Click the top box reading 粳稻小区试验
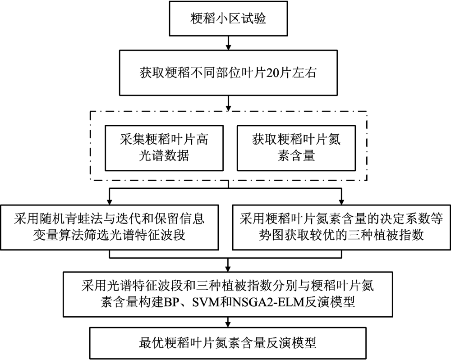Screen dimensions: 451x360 point(228,18)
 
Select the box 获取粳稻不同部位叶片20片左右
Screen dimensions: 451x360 point(228,73)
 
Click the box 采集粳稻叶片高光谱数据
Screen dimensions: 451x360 point(164,148)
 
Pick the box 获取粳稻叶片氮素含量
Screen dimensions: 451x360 point(296,148)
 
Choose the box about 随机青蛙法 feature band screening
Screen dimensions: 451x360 point(109,227)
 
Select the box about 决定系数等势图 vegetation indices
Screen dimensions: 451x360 point(341,227)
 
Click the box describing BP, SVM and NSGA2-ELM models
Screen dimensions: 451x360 point(228,294)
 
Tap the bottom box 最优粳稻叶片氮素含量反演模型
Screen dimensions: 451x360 point(228,343)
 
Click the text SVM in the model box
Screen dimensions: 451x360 point(206,302)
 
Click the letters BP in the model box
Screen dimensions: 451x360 point(170,302)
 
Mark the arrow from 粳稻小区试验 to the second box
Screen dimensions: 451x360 point(228,43)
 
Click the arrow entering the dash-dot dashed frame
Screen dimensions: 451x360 point(228,103)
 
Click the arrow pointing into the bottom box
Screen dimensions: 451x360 point(228,322)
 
